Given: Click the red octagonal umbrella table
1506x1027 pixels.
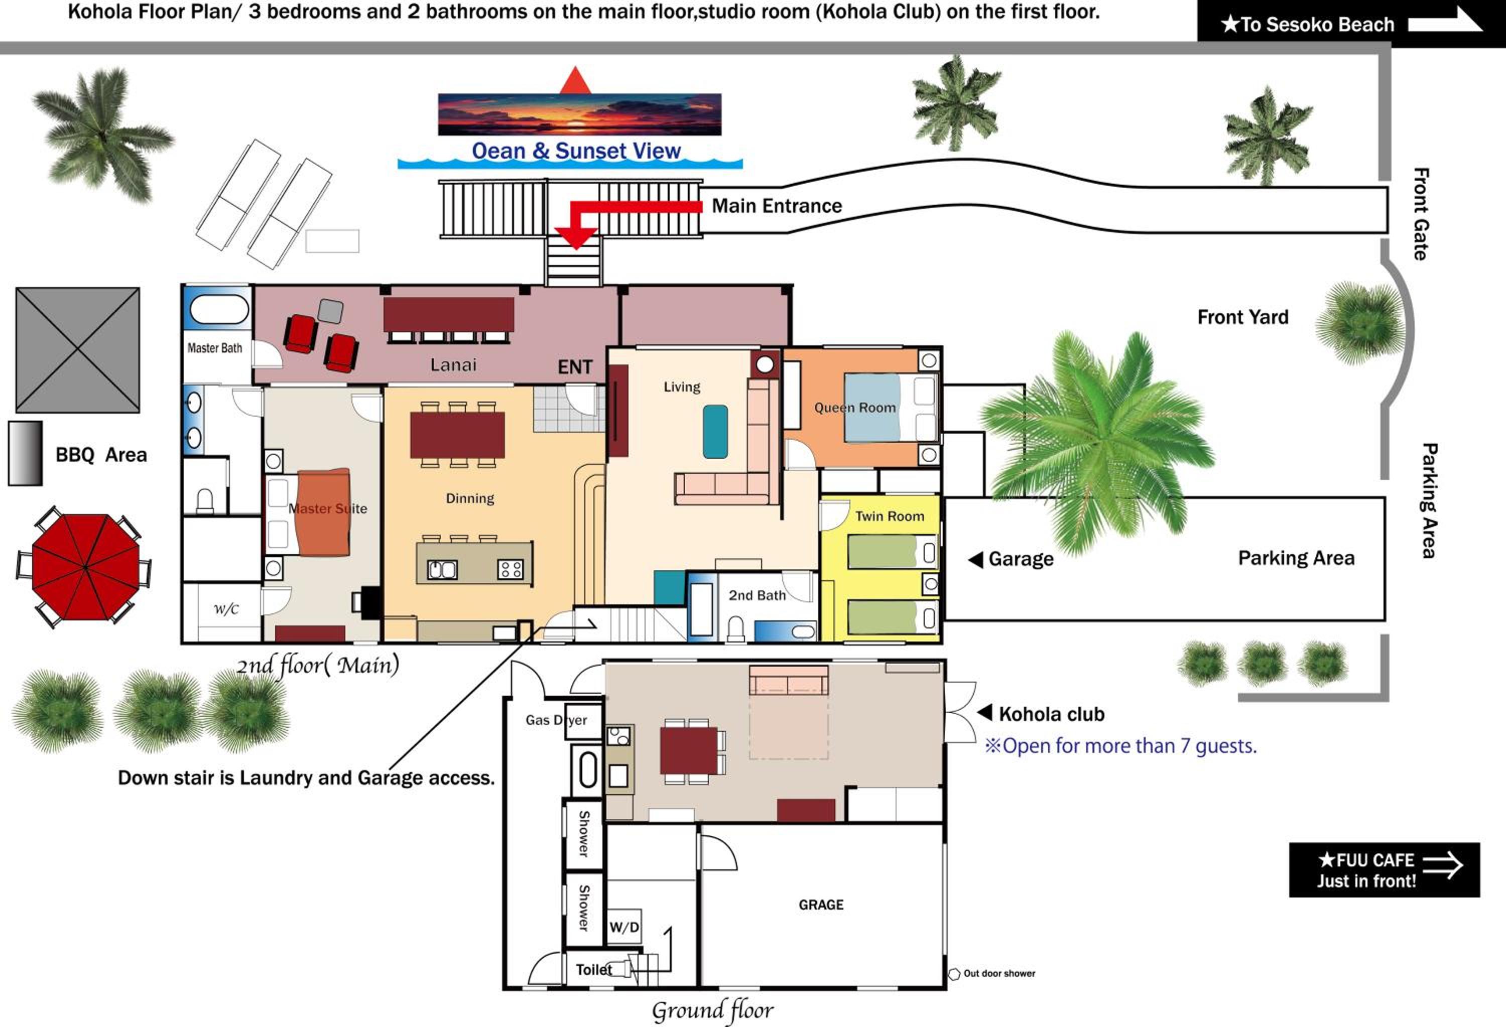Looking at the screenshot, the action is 85,567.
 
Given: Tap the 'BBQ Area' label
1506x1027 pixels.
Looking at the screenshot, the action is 101,455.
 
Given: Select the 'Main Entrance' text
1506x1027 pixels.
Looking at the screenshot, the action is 777,206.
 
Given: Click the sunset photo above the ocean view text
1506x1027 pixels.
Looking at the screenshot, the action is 579,114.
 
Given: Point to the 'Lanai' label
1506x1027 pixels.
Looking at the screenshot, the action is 453,365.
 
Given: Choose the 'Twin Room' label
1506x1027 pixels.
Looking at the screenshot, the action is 889,517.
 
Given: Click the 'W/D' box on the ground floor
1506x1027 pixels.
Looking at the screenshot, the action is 624,927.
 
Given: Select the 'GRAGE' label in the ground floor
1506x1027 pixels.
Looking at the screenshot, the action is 821,905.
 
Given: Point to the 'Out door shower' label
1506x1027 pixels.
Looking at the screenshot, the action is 999,973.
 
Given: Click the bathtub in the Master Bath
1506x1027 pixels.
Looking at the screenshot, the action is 219,309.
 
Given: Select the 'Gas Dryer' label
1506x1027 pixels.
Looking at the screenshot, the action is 556,720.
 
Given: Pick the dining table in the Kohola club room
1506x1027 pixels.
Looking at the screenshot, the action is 688,750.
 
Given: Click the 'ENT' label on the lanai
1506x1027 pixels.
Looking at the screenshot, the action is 575,367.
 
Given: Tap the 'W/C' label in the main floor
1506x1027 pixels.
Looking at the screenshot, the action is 226,609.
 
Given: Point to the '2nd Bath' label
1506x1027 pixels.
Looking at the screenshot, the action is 757,595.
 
